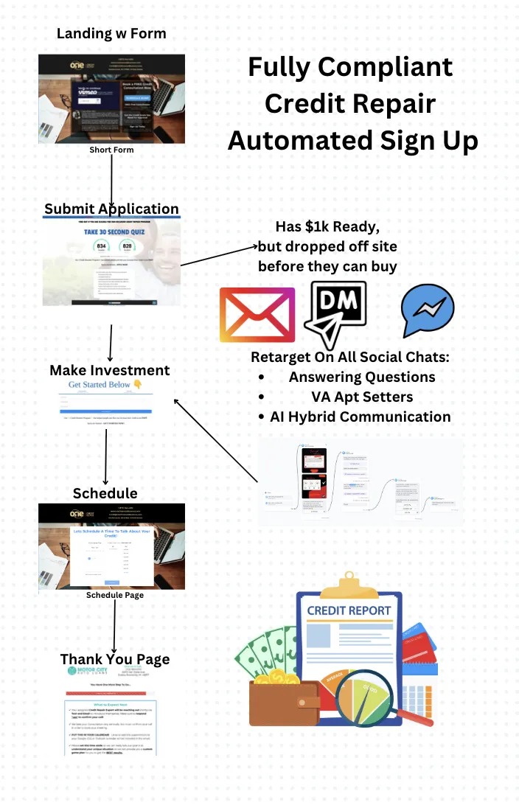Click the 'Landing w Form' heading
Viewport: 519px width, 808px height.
tap(111, 33)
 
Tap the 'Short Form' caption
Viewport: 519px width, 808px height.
tap(111, 150)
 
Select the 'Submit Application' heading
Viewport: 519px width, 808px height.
tap(111, 209)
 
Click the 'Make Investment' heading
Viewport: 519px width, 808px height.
tap(110, 370)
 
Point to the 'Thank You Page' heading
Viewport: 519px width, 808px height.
tap(115, 659)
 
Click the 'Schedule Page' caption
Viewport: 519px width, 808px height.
tap(115, 595)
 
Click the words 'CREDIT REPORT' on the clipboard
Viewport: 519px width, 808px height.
tap(349, 610)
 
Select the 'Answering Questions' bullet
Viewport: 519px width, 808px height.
tap(362, 377)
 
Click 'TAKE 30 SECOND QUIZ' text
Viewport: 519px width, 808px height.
tap(111, 231)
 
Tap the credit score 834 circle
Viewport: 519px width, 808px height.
tap(102, 248)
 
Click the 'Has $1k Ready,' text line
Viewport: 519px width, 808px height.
tap(327, 226)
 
